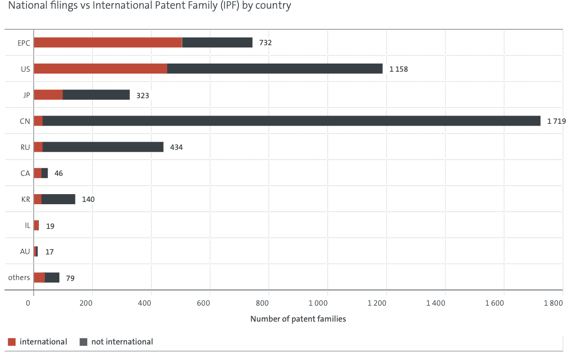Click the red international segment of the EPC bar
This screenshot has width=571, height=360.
pos(108,42)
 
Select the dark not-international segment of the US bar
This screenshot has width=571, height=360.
pos(275,69)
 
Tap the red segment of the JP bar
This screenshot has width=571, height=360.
pos(48,95)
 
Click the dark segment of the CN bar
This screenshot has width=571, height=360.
pos(291,121)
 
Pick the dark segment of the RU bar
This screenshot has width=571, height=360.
pos(103,147)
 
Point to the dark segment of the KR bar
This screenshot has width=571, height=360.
pos(58,199)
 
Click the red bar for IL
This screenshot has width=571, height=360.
pos(36,225)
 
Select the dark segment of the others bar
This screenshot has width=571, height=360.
pos(52,277)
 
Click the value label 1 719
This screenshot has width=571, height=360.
pos(556,121)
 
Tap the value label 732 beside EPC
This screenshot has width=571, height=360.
pos(265,42)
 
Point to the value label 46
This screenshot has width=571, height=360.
pos(58,173)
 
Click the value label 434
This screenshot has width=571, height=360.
pos(176,148)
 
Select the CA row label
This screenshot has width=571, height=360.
pos(25,173)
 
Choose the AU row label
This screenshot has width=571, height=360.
pos(25,252)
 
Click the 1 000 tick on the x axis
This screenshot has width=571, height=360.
pos(318,303)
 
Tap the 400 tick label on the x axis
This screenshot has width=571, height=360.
pos(144,303)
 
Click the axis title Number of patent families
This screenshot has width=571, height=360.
pos(298,319)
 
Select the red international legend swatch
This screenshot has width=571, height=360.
pos(12,342)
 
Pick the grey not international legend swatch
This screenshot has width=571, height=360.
pos(83,342)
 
